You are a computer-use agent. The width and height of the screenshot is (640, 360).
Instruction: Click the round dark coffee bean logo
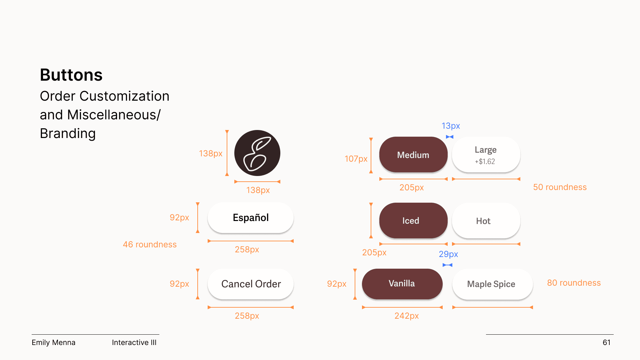(257, 153)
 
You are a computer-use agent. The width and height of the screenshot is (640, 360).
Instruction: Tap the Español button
(250, 218)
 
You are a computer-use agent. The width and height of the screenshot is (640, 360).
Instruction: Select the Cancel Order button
(250, 284)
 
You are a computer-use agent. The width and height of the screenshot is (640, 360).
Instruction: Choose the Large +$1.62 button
(486, 155)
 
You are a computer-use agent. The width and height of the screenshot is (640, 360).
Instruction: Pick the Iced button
(413, 221)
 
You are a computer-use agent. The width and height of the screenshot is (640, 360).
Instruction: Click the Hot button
(486, 221)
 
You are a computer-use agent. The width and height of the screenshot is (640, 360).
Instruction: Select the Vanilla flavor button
(402, 284)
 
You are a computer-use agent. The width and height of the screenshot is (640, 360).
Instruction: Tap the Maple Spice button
(492, 284)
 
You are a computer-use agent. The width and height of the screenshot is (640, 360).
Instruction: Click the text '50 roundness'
(560, 187)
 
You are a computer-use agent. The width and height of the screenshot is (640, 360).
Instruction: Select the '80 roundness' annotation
(574, 283)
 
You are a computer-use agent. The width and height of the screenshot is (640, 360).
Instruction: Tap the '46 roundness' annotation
(150, 244)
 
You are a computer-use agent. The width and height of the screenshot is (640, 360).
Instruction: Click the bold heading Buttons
(71, 75)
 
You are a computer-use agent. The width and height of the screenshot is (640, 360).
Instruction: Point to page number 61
(606, 342)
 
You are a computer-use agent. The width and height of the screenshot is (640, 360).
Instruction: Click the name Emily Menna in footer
(53, 342)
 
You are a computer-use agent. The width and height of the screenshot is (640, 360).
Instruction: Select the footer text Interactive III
(134, 342)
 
